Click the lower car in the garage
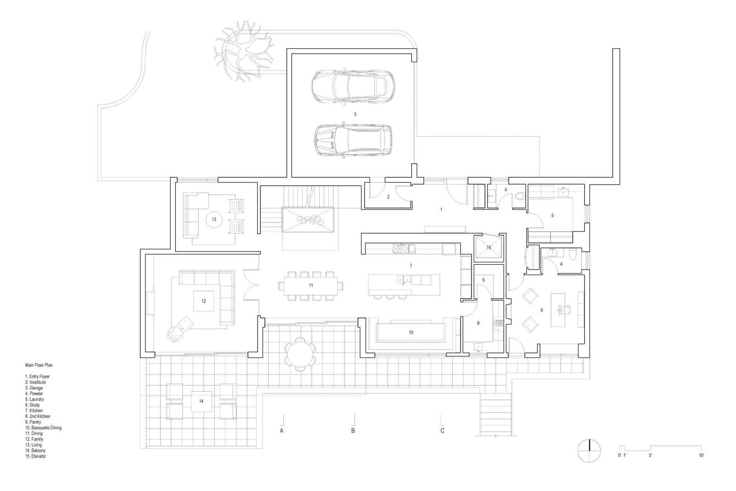[353, 140]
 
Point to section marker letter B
[353, 431]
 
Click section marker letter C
[443, 431]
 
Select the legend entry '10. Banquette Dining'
[43, 428]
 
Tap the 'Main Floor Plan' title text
[39, 365]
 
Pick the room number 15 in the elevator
[489, 248]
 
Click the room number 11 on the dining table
[311, 285]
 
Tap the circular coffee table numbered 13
[214, 220]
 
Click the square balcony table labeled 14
[201, 401]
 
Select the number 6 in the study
[541, 311]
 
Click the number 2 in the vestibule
[388, 197]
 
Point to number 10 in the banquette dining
[411, 332]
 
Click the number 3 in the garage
[355, 114]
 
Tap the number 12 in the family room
[203, 301]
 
